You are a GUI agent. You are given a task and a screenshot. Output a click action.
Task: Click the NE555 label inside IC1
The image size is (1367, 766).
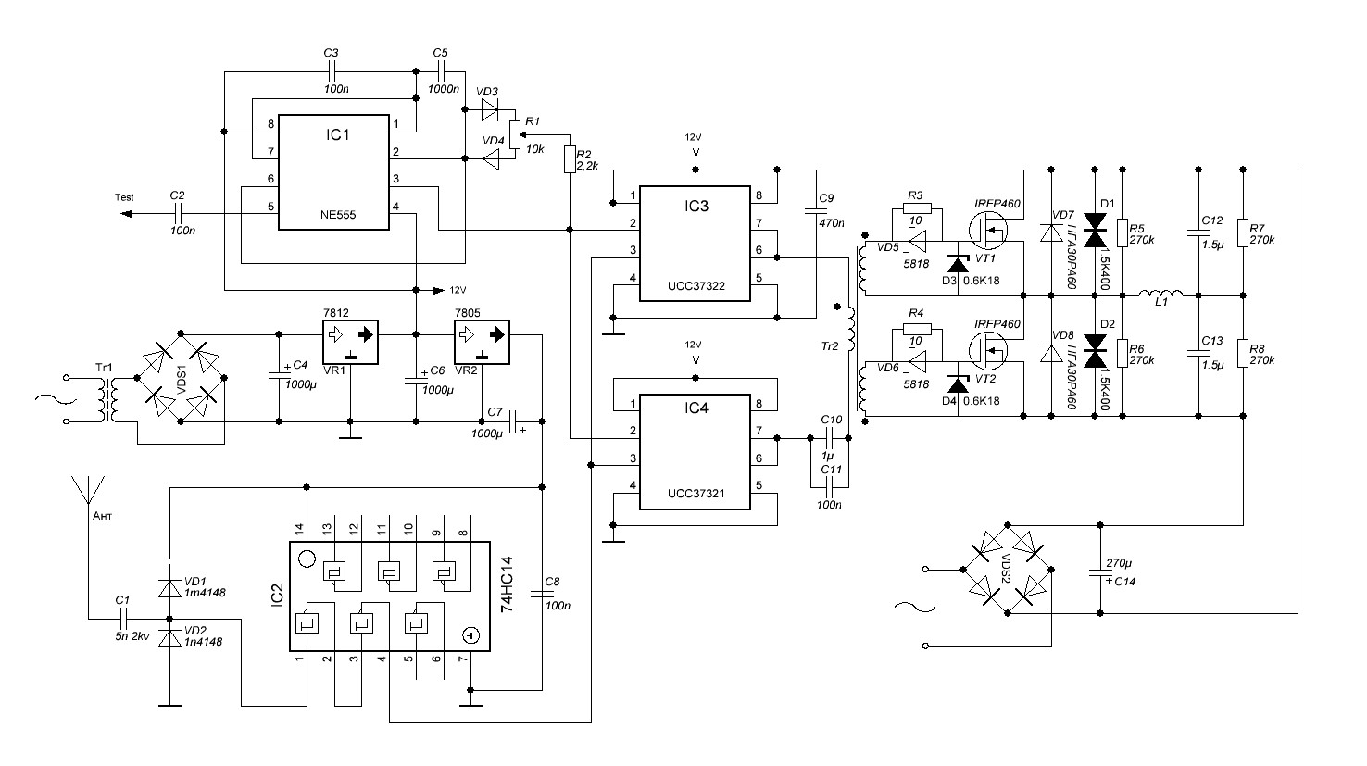(x=337, y=215)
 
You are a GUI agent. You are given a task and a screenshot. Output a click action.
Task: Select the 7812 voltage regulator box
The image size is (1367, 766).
(x=350, y=342)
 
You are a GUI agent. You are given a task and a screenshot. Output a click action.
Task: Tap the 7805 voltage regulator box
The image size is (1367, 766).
(x=483, y=342)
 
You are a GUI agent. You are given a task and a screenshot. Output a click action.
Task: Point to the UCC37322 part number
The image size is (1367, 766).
(x=696, y=285)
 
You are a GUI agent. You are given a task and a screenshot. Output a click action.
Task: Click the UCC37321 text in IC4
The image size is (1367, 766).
(x=696, y=493)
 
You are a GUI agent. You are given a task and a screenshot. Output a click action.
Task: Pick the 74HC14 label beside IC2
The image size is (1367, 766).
(x=507, y=584)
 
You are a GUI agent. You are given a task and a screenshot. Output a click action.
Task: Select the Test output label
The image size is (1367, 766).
(x=124, y=197)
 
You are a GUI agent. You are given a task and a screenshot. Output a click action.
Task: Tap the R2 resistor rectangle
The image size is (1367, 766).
(x=570, y=158)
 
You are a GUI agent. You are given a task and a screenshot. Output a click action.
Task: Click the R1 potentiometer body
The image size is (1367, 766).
(x=515, y=135)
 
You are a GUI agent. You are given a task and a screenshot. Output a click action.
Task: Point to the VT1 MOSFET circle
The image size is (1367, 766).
(x=988, y=230)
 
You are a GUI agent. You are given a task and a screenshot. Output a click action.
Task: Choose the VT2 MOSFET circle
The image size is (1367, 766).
(x=988, y=350)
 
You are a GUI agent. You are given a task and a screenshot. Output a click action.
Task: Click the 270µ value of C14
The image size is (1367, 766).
(x=1119, y=563)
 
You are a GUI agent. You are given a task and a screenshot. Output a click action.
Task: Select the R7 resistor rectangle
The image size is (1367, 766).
(x=1243, y=232)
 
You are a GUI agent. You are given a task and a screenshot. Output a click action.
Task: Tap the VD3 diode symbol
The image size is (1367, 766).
(x=489, y=109)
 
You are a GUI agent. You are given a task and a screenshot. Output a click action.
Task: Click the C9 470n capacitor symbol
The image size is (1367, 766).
(x=816, y=211)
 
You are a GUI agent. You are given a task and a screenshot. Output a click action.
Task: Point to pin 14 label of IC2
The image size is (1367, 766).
(x=299, y=529)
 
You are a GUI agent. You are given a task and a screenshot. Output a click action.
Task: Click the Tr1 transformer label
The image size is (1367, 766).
(x=105, y=368)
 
